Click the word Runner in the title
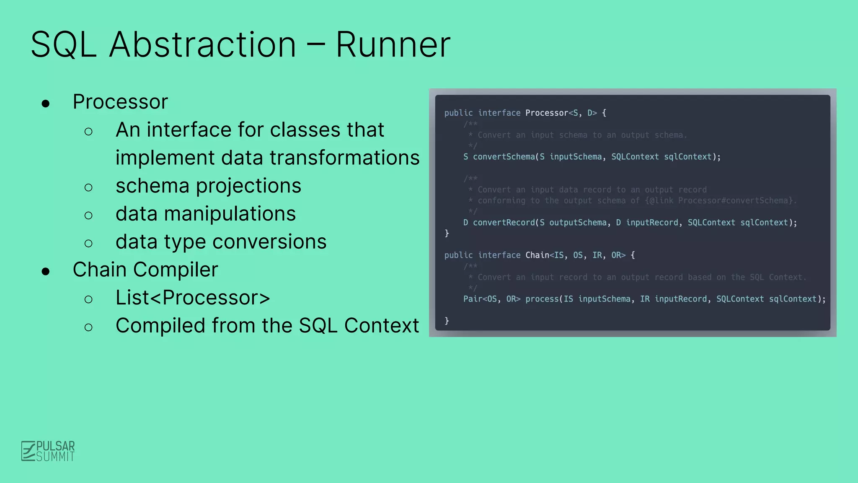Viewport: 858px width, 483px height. pos(393,44)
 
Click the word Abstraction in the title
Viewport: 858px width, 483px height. pos(202,44)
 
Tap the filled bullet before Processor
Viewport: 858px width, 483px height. pos(46,104)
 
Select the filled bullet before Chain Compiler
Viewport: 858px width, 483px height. pos(46,271)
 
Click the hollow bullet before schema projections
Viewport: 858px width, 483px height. pos(88,187)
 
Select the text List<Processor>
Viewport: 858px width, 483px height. pos(193,298)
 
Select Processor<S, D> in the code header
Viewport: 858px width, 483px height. pos(561,113)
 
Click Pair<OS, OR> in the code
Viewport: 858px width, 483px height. pos(491,299)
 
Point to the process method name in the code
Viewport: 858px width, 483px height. pos(542,299)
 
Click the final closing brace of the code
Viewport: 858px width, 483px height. pos(447,321)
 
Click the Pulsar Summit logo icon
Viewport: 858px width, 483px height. pos(28,451)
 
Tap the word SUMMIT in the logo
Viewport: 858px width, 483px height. pos(55,457)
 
